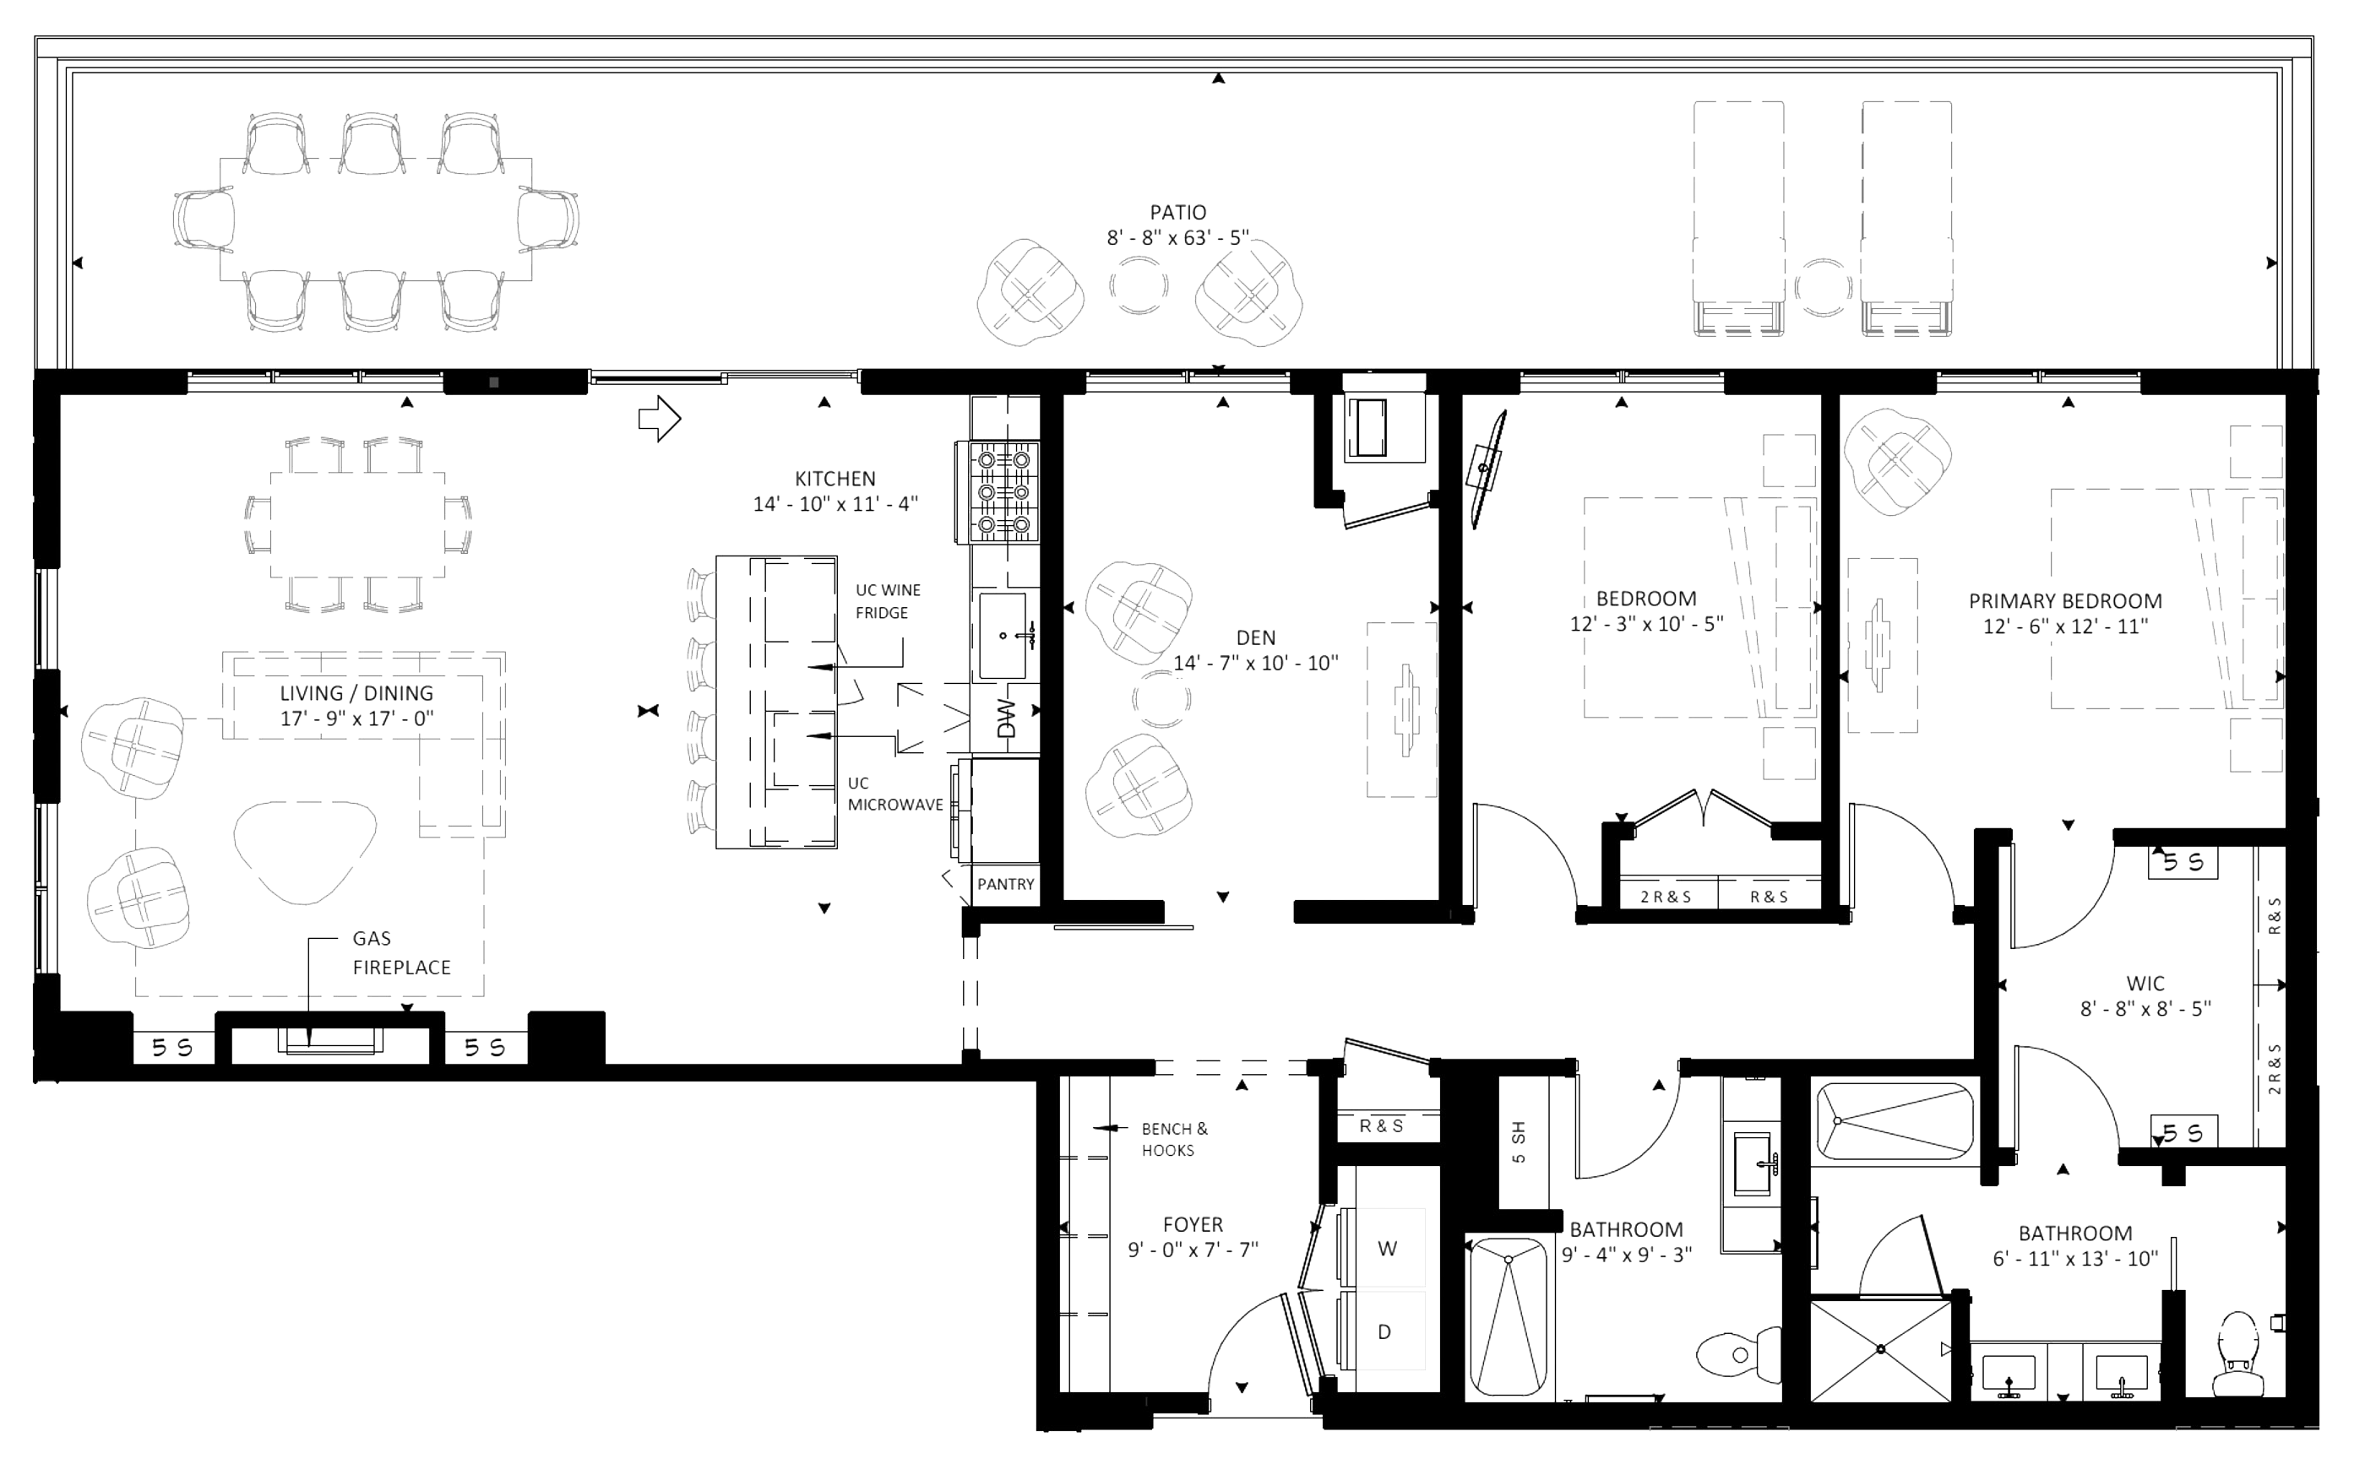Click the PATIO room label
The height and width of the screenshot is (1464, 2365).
1177,212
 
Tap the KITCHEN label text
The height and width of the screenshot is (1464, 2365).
835,479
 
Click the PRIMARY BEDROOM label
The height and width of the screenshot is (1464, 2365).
2065,600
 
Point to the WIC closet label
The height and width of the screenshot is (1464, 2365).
2145,983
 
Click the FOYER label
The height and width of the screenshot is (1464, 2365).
1193,1224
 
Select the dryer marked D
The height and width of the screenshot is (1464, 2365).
1385,1331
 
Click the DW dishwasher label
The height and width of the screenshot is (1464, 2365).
1006,718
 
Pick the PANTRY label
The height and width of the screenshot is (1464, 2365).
1005,884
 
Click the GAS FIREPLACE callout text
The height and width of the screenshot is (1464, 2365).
401,952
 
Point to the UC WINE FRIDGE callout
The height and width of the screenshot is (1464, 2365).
887,601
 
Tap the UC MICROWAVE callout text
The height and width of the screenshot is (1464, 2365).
894,794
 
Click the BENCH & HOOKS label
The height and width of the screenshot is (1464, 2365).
1175,1140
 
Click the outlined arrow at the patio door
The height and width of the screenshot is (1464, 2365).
660,418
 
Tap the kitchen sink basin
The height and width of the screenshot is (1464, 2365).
1003,636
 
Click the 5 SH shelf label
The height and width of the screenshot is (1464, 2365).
1518,1142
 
